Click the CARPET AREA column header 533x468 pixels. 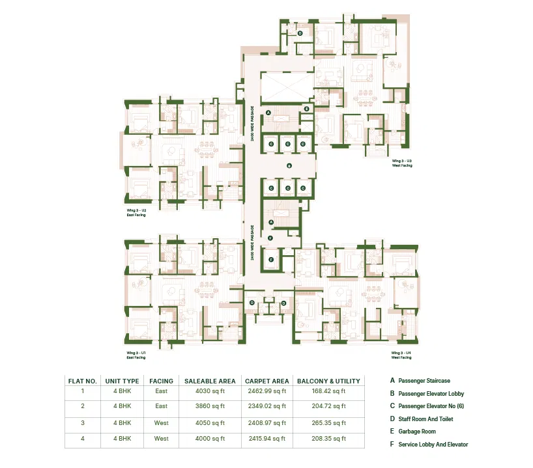[266, 381]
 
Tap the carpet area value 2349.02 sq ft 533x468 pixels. [266, 406]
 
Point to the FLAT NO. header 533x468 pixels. [83, 381]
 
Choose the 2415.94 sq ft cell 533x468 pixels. [266, 439]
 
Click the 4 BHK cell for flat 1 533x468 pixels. [122, 391]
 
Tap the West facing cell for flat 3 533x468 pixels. [161, 422]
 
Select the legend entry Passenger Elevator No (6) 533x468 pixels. [430, 406]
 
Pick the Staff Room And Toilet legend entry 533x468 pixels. [425, 419]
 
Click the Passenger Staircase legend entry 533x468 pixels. [424, 381]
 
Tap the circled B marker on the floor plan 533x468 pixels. [287, 165]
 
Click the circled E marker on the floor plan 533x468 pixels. [306, 108]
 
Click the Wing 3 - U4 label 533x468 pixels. [401, 355]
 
